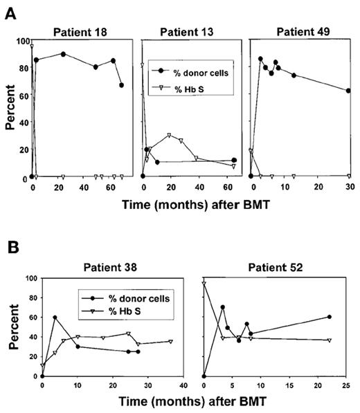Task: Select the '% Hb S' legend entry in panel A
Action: pos(186,86)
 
